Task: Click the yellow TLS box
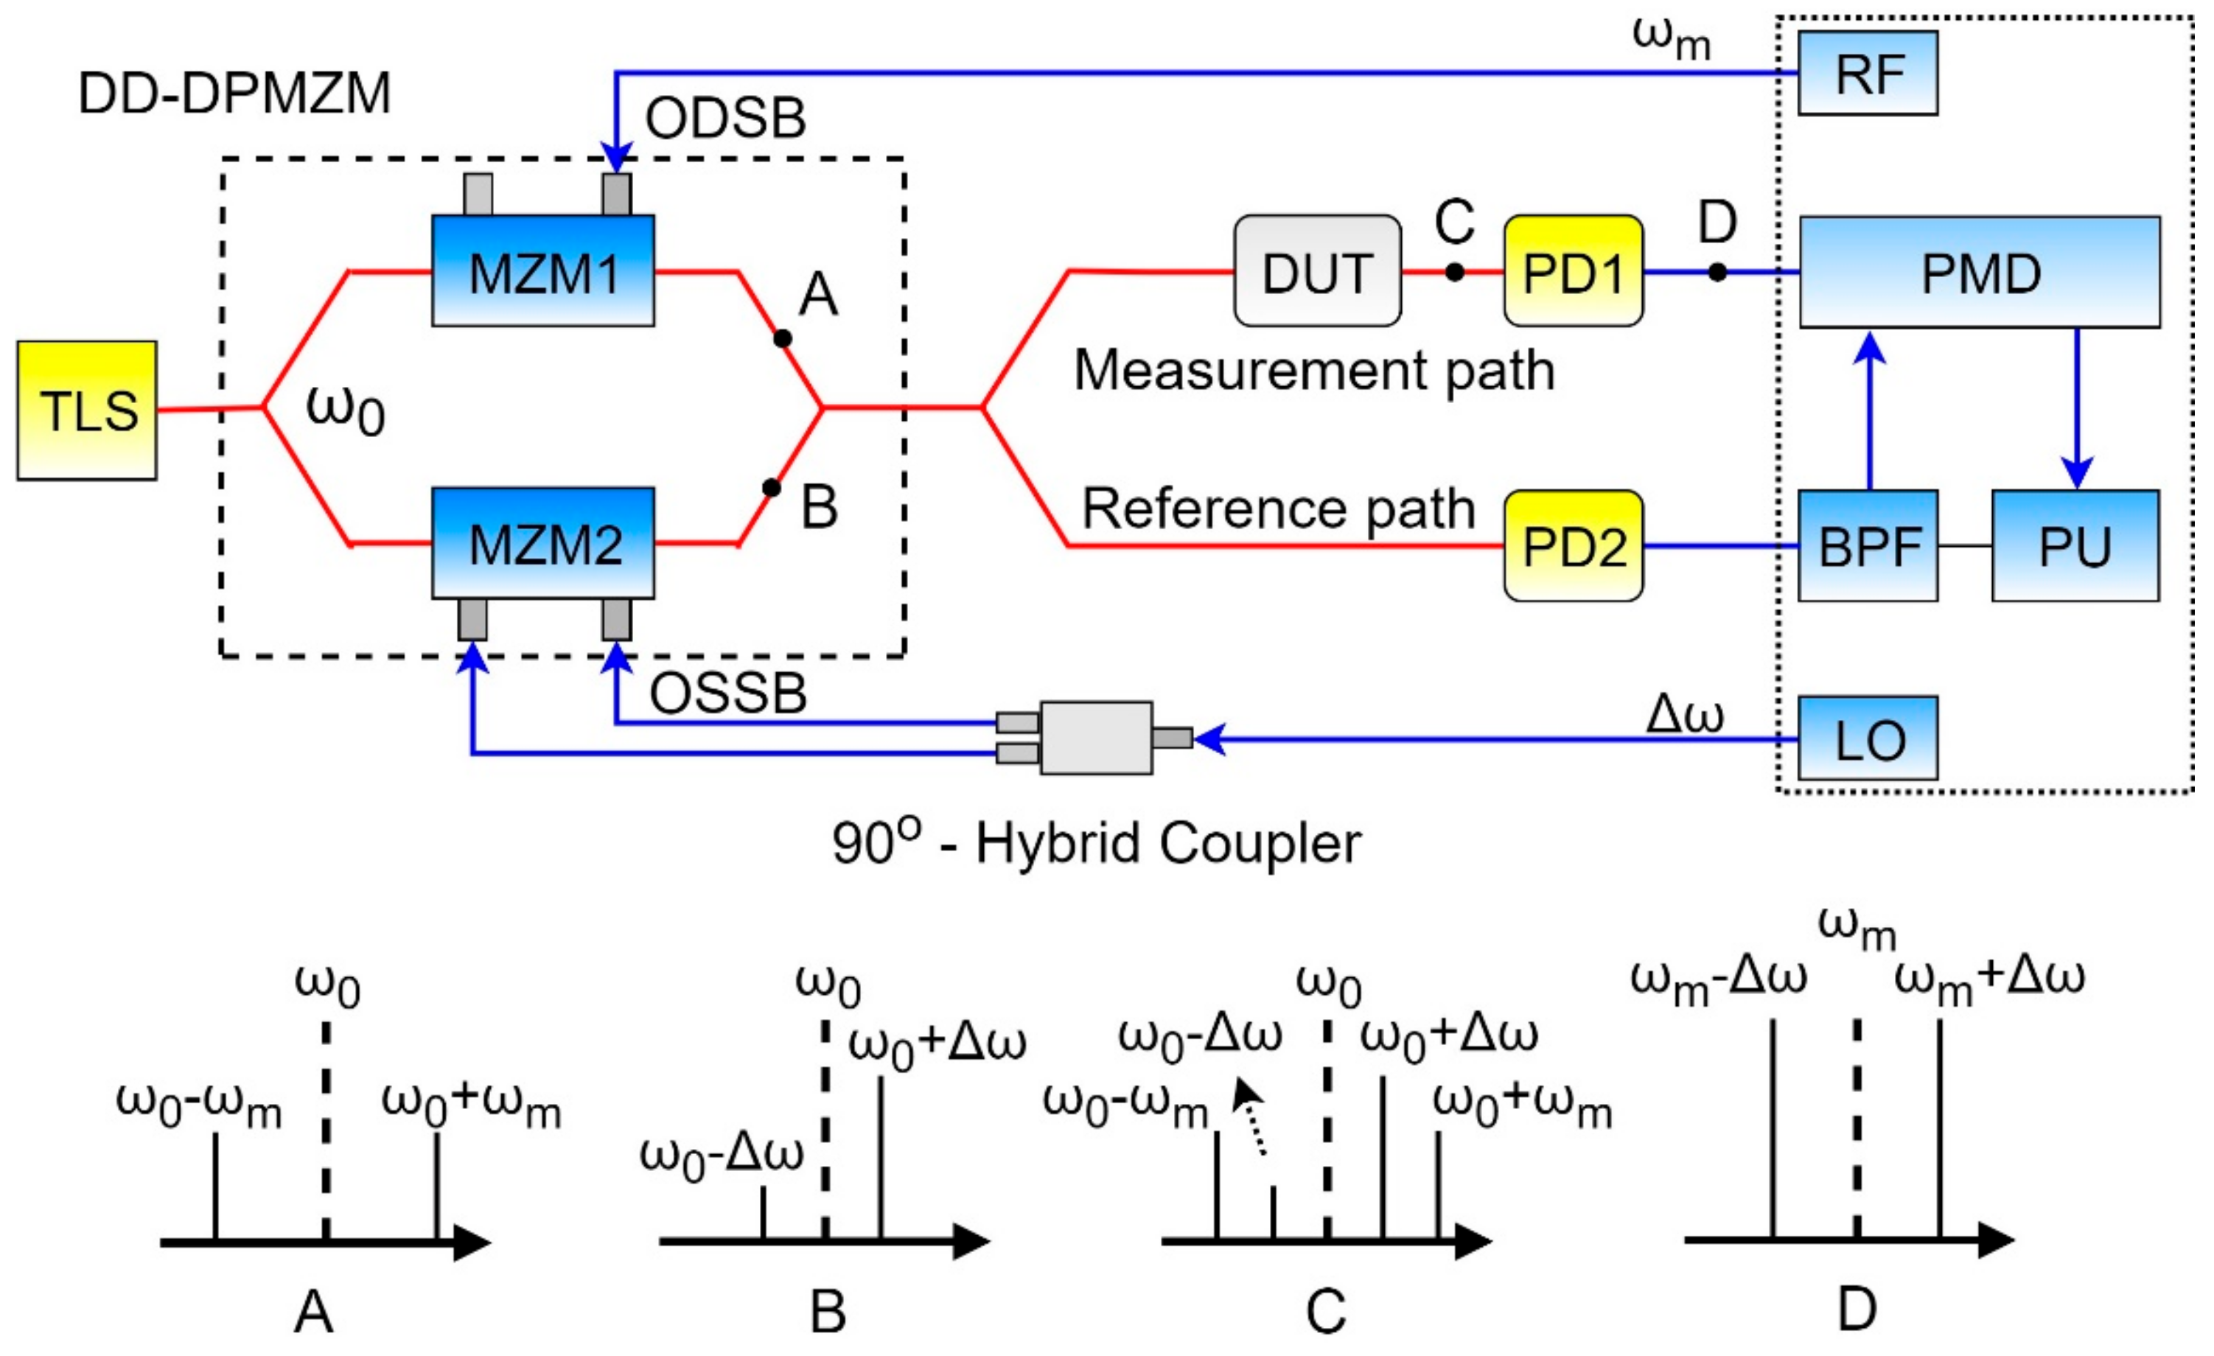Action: point(87,410)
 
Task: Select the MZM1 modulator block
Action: point(542,270)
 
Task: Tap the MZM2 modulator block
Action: point(542,542)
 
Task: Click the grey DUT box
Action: point(1317,270)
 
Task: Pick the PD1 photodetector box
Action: point(1573,270)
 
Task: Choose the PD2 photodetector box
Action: point(1573,545)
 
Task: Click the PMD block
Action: point(1980,271)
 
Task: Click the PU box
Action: point(2075,545)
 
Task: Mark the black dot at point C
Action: point(1455,271)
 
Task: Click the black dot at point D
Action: point(1717,271)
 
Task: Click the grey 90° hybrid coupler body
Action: point(1095,738)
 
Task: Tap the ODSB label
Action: point(725,118)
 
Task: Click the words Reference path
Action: point(1278,508)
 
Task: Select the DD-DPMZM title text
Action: point(234,93)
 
